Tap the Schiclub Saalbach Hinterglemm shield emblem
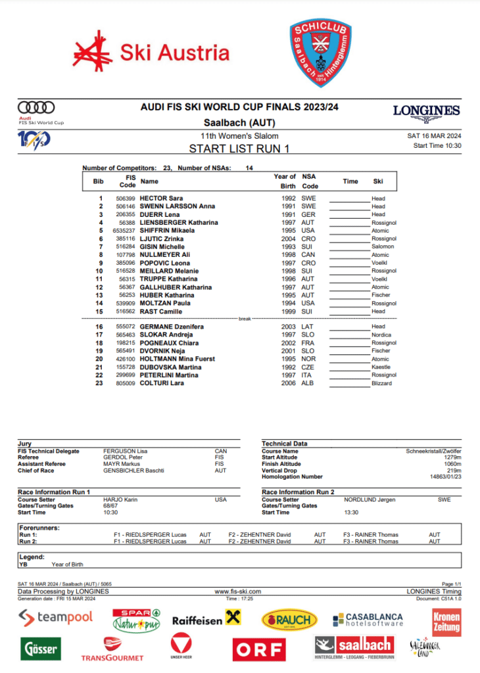click(x=321, y=53)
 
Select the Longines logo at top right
click(x=426, y=112)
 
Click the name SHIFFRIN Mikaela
click(x=166, y=231)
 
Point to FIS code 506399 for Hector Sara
click(x=126, y=198)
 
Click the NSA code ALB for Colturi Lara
click(x=307, y=383)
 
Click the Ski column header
click(x=378, y=181)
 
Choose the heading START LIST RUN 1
click(x=239, y=149)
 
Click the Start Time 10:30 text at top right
click(x=437, y=146)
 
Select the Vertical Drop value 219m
click(x=452, y=471)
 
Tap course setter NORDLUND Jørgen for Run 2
click(x=370, y=499)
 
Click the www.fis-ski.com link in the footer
click(x=238, y=592)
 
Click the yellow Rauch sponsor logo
click(x=289, y=619)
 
